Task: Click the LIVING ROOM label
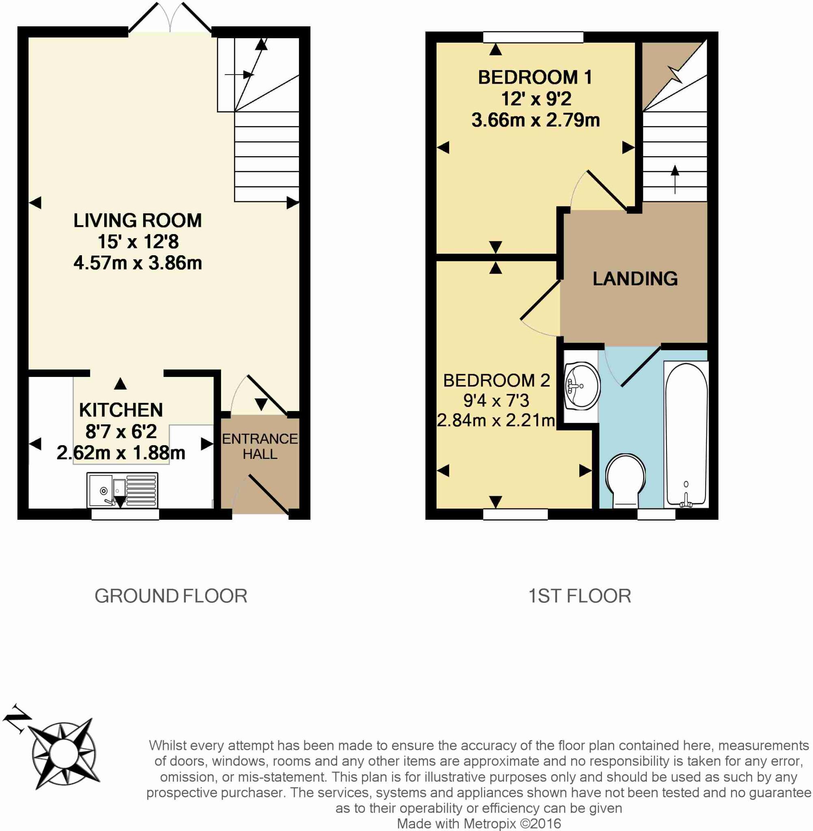pos(138,220)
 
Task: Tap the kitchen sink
pos(122,490)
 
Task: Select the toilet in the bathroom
pos(626,480)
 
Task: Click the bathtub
pos(686,435)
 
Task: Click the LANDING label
pos(635,279)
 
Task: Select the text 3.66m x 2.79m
pos(536,120)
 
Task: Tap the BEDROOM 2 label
pos(496,381)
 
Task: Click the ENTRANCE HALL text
pos(260,446)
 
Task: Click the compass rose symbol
pos(64,752)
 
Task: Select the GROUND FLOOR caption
pos(171,596)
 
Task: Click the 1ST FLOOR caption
pos(579,596)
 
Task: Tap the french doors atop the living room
pos(170,19)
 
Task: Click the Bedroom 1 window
pos(533,38)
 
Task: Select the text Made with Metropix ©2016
pos(479,823)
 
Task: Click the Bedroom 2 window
pos(515,514)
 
